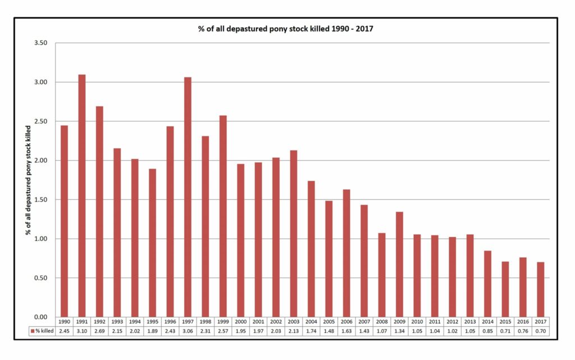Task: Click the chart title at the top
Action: [286, 29]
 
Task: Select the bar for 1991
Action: [82, 196]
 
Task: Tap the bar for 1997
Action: [188, 197]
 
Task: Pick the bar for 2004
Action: [311, 249]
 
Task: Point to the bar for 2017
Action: [541, 290]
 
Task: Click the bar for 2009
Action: [399, 265]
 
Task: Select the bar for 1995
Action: [153, 243]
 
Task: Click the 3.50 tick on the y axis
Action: [40, 43]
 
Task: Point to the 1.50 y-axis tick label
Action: [40, 200]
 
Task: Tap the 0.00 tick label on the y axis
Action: [40, 317]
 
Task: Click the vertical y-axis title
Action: [28, 180]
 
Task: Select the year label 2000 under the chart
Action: [240, 322]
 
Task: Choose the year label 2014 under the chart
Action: [488, 322]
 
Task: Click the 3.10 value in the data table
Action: [82, 331]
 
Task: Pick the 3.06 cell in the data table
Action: [188, 331]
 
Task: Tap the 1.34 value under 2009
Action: [399, 331]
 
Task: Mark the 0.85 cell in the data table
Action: [488, 331]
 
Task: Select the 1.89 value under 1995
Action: [153, 331]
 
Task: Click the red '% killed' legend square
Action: [33, 331]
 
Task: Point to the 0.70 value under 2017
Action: [541, 331]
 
